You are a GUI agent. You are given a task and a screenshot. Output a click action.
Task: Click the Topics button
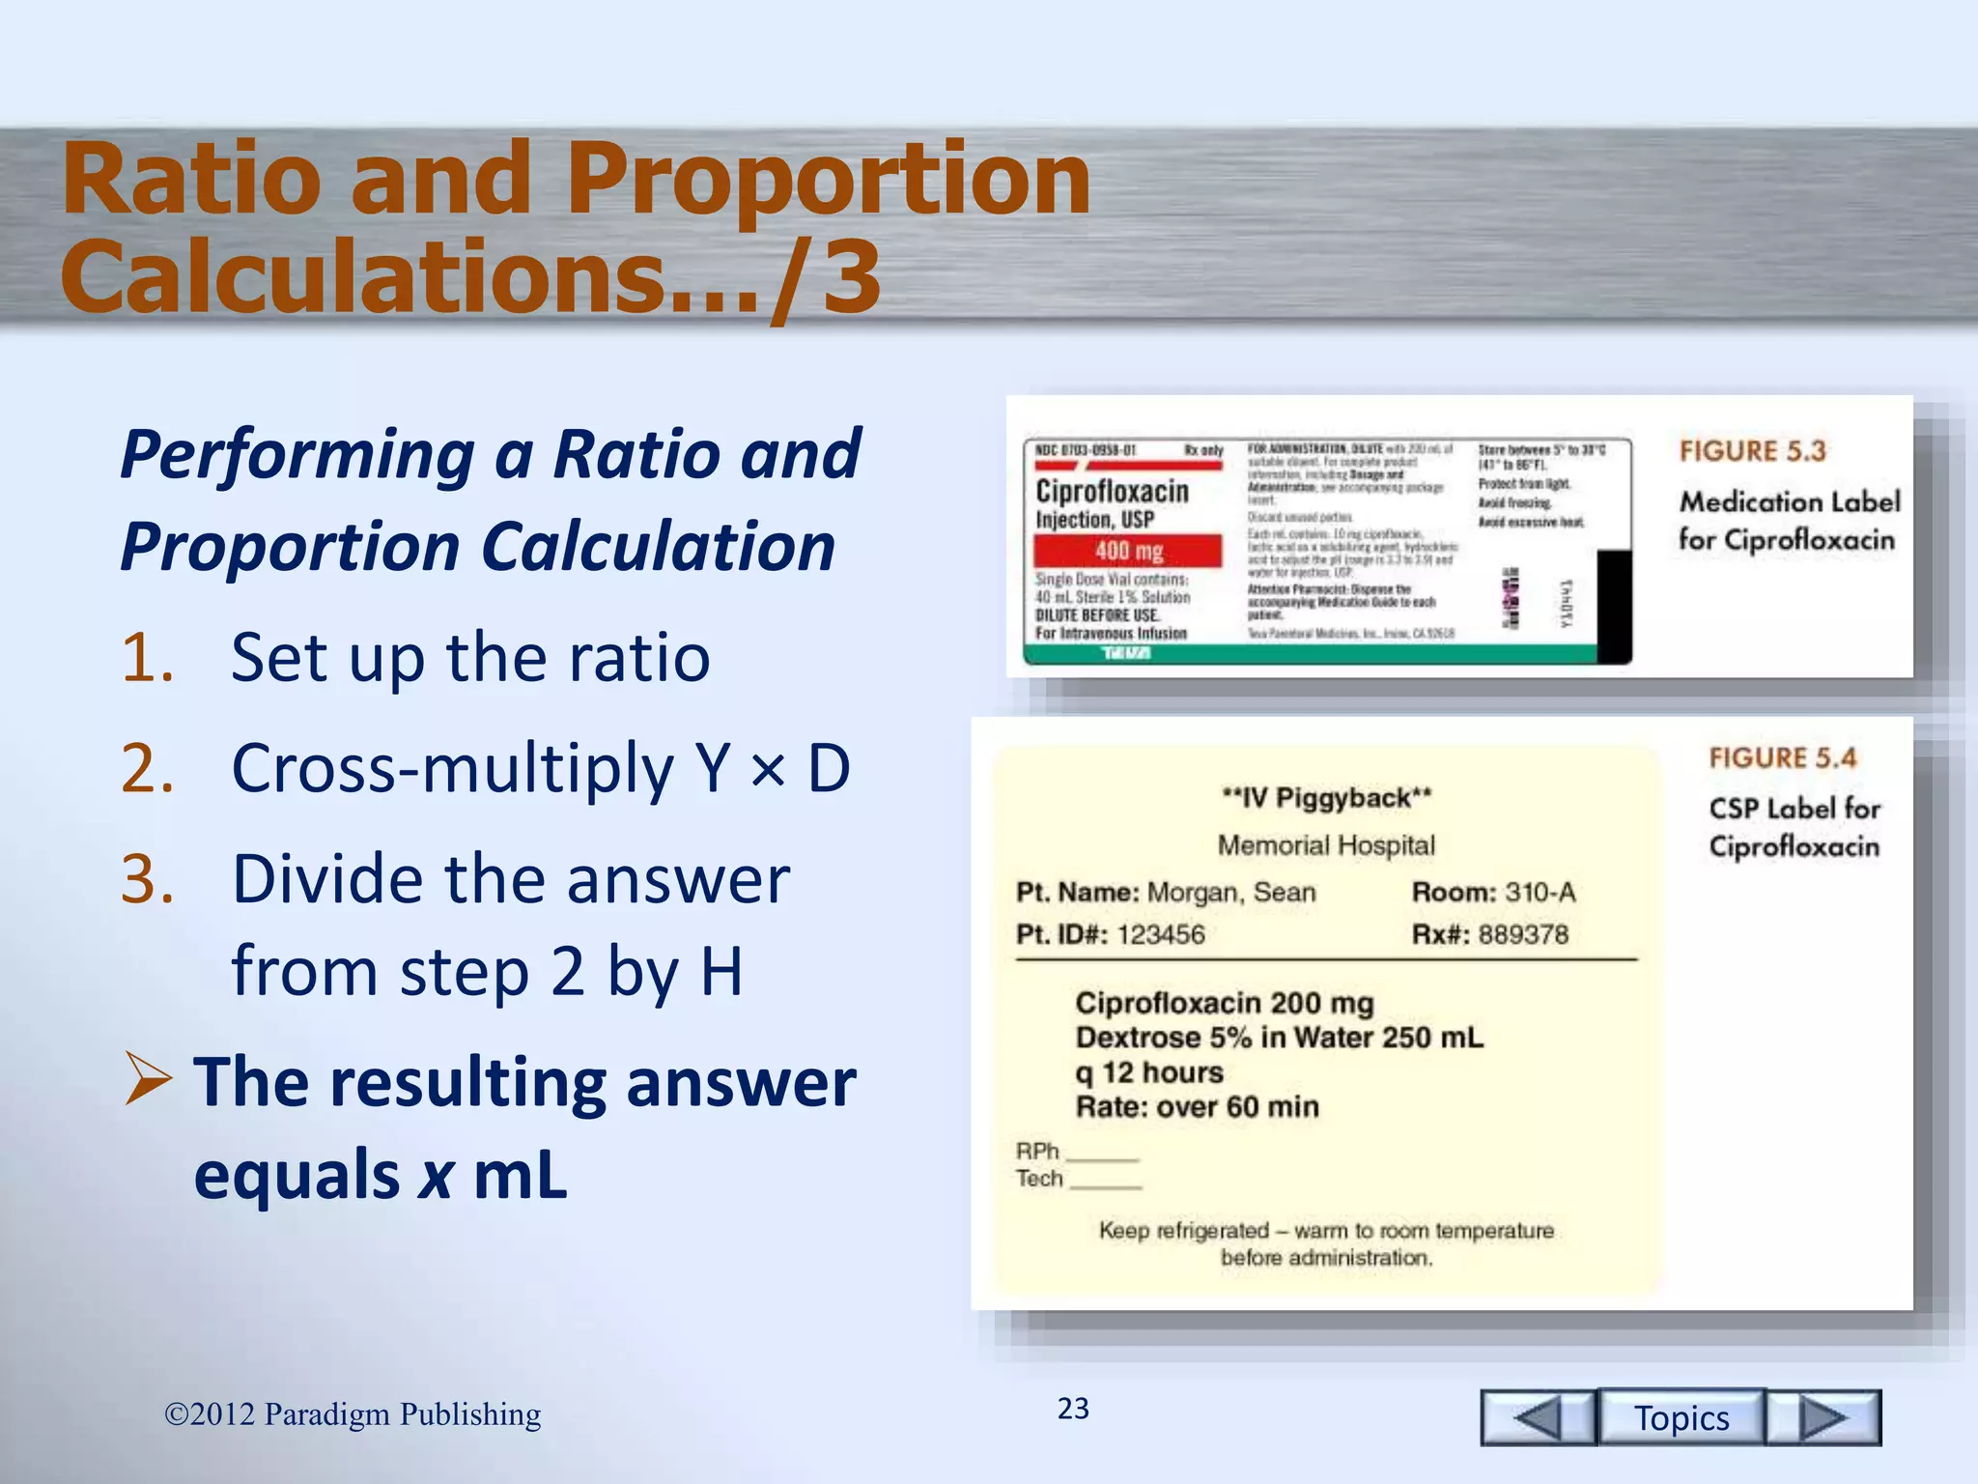coord(1681,1417)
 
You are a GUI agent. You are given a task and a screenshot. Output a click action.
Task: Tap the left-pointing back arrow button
coord(1538,1417)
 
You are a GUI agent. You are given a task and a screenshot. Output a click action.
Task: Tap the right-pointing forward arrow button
coord(1823,1417)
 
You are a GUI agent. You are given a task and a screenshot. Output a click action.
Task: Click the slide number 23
coord(1073,1409)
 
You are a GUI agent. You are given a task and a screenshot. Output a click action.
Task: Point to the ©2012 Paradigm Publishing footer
coord(353,1414)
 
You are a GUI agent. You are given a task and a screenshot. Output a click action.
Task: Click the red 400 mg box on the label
coord(1128,551)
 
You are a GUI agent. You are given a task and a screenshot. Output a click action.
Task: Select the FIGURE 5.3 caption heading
coord(1752,451)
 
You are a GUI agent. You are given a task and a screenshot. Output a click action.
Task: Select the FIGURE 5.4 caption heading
coord(1782,757)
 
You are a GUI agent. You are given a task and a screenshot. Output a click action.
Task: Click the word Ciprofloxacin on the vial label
coord(1112,491)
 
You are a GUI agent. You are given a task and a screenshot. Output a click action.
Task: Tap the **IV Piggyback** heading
coord(1326,798)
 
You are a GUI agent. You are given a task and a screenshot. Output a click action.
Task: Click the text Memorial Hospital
coord(1326,845)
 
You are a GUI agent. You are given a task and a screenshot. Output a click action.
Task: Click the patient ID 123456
coord(1161,934)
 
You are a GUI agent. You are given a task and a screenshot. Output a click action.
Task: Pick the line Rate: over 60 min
coord(1197,1106)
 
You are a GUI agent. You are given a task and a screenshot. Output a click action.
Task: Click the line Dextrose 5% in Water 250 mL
coord(1279,1038)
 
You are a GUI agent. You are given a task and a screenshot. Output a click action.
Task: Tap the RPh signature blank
coord(1102,1153)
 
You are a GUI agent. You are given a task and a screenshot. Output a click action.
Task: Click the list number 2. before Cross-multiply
coord(148,769)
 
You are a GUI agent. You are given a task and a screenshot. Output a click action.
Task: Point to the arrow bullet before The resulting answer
coord(149,1081)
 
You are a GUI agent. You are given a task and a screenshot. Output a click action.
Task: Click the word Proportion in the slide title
coord(828,179)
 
